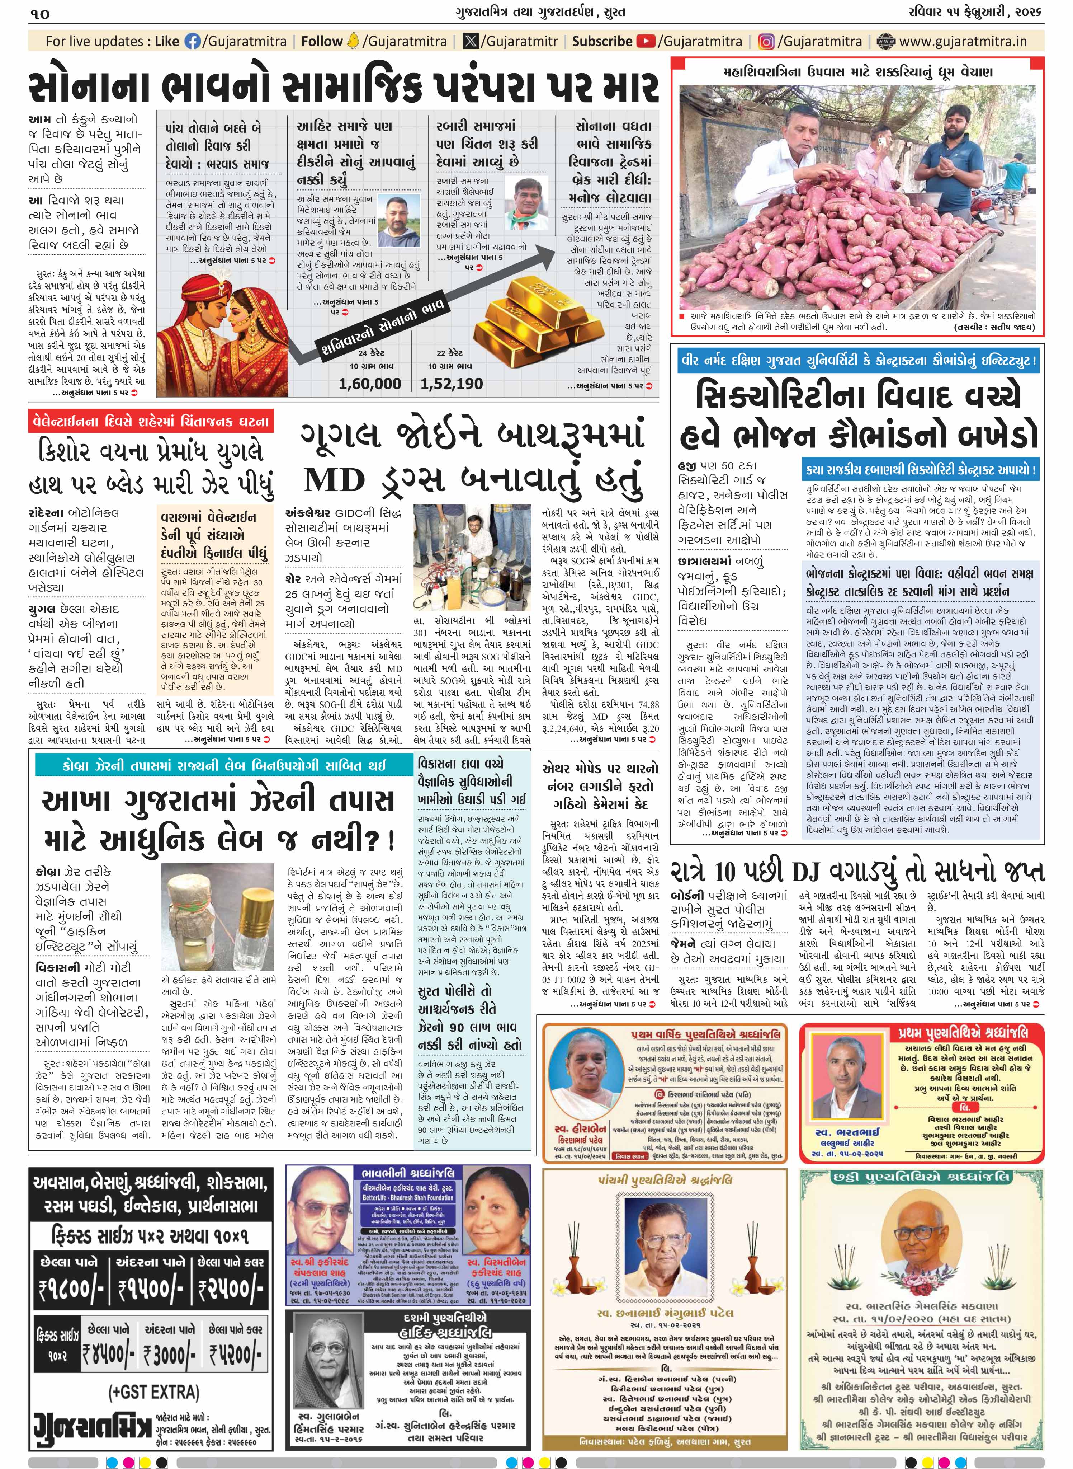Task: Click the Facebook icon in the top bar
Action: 193,42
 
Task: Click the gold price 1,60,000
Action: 370,383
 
